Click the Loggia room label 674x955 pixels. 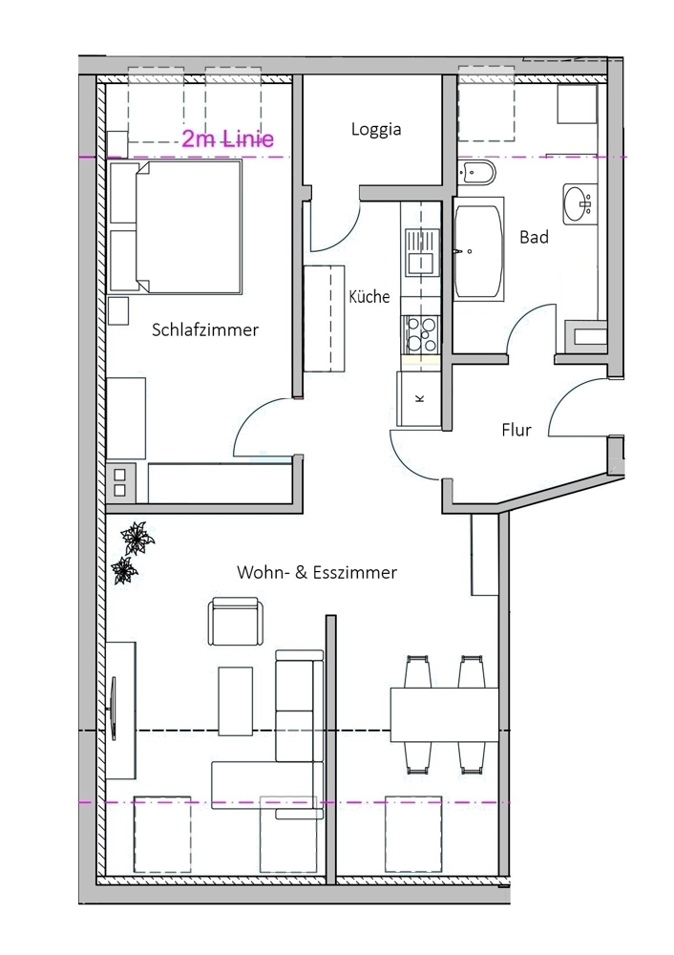coord(375,130)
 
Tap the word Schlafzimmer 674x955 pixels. coord(205,329)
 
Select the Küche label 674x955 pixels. coord(369,296)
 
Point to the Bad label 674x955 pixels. coord(534,237)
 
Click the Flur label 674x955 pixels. coord(516,430)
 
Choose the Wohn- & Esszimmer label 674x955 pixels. coord(317,572)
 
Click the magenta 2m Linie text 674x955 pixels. coord(228,139)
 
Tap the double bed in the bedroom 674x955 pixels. coord(176,226)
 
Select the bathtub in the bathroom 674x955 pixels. coord(478,248)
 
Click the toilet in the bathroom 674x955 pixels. coord(476,172)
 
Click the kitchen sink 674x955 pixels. coord(421,251)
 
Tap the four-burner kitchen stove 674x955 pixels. coord(421,335)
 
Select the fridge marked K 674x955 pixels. coord(419,399)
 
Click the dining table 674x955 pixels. coord(444,714)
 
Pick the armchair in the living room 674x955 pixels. coord(237,622)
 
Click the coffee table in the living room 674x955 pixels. coord(236,701)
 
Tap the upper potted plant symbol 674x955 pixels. coord(137,538)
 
